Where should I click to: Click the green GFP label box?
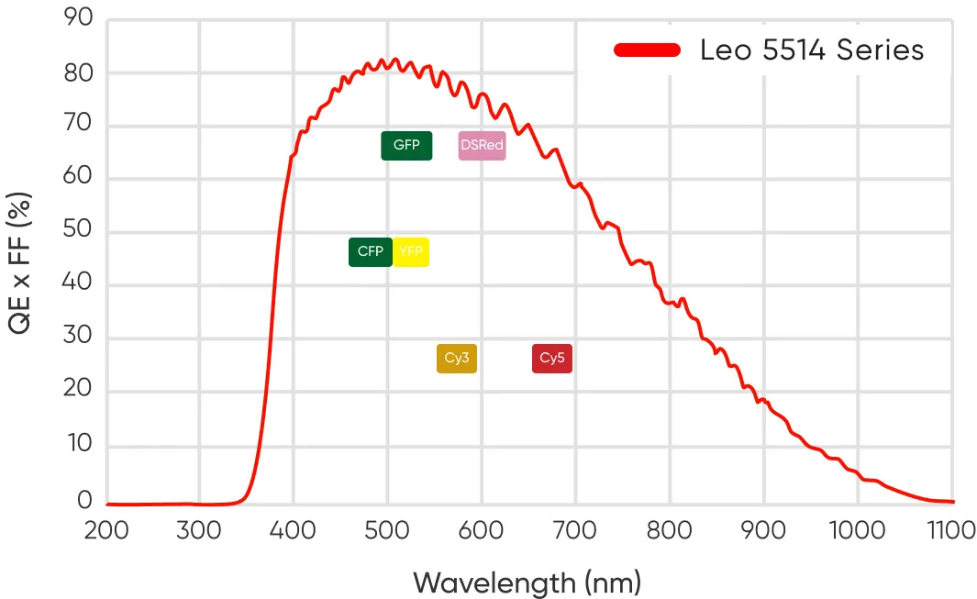[x=406, y=146]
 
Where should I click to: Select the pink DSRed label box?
[x=482, y=146]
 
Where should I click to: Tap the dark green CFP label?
[x=370, y=251]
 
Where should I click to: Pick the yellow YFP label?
[x=411, y=251]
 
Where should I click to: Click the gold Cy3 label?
[x=457, y=359]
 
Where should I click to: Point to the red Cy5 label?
[x=551, y=359]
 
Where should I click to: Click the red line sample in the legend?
[x=647, y=50]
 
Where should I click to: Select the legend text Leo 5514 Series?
[x=812, y=50]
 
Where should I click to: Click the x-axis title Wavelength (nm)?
[x=527, y=582]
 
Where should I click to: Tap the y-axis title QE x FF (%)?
[x=22, y=262]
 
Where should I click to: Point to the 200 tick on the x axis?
[x=106, y=530]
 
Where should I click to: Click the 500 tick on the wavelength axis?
[x=387, y=530]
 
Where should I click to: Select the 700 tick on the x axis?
[x=575, y=530]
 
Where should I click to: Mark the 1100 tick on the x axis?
[x=950, y=530]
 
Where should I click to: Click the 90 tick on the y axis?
[x=79, y=18]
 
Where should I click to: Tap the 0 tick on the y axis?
[x=85, y=501]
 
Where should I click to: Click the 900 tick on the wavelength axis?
[x=763, y=530]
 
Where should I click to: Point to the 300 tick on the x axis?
[x=200, y=530]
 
